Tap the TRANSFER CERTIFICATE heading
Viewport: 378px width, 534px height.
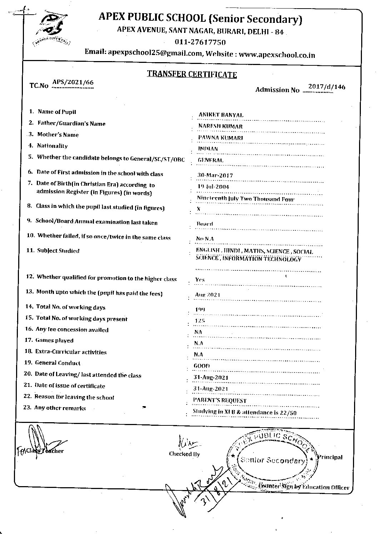(192, 74)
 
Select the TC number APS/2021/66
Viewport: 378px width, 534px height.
(73, 83)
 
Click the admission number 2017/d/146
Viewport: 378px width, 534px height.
(327, 87)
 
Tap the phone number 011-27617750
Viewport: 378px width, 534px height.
(200, 43)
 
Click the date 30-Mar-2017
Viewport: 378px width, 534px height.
(215, 175)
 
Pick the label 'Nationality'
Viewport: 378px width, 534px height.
(52, 146)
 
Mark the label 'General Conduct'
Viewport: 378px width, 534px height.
(58, 363)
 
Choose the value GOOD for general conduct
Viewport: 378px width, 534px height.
(202, 366)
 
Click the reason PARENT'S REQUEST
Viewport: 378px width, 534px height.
(219, 400)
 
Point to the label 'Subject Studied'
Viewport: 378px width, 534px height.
(58, 251)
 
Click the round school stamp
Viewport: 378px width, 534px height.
(273, 459)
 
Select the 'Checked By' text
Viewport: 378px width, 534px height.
(184, 454)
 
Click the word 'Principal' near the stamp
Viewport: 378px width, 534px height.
(331, 457)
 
